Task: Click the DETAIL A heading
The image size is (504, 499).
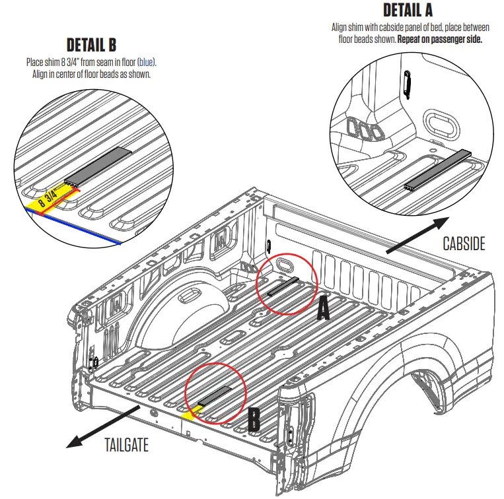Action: pos(408,11)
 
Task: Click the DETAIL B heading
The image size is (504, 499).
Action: pos(91,45)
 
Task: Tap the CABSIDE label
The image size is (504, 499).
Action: pos(464,244)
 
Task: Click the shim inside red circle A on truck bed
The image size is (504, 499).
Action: pos(283,286)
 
